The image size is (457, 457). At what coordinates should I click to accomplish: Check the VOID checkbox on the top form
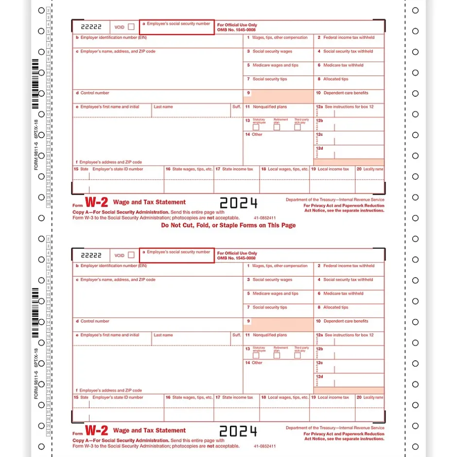click(131, 27)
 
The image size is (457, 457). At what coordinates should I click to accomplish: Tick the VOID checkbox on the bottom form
click(131, 255)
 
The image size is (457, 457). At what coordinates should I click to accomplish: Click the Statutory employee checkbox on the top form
click(256, 127)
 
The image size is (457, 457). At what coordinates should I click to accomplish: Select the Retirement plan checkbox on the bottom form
click(277, 355)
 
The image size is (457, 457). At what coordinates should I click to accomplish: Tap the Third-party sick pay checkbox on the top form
click(297, 127)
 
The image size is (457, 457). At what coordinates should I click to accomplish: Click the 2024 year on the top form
click(238, 203)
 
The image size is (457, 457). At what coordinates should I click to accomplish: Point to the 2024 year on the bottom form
click(238, 431)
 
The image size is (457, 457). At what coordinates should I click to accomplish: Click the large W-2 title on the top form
click(96, 202)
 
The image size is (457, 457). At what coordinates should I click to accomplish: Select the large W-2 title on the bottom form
click(96, 430)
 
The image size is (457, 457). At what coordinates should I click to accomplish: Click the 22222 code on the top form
click(91, 27)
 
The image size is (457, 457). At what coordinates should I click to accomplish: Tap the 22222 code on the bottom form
click(91, 255)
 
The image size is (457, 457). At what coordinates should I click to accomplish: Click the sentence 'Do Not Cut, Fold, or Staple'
click(228, 226)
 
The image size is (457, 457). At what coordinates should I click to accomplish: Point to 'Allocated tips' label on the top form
click(335, 79)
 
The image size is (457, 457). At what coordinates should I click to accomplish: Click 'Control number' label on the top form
click(95, 93)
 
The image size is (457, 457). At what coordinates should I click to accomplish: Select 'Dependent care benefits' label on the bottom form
click(346, 321)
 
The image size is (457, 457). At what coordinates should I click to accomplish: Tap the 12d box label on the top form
click(319, 148)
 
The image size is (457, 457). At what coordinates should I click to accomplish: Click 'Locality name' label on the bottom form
click(373, 398)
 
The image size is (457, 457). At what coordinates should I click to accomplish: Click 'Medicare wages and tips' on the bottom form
click(275, 294)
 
